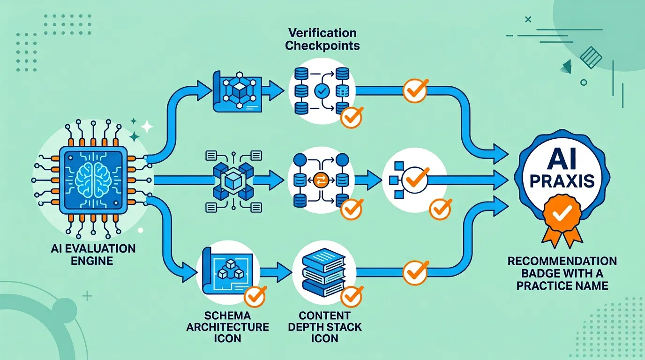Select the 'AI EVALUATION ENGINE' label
92,254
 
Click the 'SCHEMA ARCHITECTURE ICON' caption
227,327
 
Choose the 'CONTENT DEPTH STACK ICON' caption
324,327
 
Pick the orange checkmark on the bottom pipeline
415,270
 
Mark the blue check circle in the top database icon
322,91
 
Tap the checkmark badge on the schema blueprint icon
255,296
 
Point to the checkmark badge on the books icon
351,296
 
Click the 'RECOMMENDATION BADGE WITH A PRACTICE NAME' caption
562,273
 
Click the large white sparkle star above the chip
147,127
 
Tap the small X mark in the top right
529,19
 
